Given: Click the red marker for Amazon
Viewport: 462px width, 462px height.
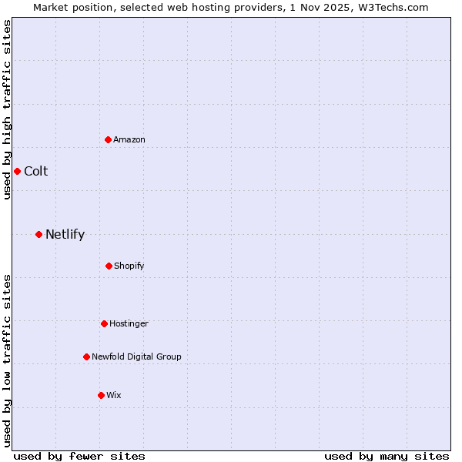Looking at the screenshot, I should tap(109, 139).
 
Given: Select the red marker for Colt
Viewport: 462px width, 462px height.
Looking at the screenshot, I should tap(17, 171).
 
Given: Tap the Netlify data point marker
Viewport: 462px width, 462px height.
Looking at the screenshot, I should tap(38, 234).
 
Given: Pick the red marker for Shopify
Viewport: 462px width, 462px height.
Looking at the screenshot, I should tap(109, 266).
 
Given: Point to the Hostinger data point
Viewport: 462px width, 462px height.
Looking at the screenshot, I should tap(104, 323).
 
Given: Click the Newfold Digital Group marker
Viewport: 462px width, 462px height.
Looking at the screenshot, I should tap(86, 357).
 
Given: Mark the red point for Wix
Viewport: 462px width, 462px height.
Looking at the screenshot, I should tap(101, 395).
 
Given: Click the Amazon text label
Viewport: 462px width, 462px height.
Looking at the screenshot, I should tap(129, 139).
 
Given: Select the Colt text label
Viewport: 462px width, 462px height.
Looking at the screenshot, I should tap(35, 171).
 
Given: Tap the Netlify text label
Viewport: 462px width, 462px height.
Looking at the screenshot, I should tap(65, 234).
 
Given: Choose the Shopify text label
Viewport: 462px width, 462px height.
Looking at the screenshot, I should tap(129, 266).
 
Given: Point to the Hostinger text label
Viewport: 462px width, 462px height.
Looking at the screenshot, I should tap(129, 323).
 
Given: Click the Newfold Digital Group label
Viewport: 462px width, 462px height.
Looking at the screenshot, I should tap(136, 357).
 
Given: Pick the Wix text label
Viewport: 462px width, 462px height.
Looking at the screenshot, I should tap(114, 395).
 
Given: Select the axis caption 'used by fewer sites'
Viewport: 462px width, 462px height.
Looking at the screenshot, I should tap(79, 456).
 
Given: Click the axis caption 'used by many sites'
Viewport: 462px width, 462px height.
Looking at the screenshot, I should tap(387, 456).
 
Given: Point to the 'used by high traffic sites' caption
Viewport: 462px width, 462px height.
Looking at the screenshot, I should tap(7, 109).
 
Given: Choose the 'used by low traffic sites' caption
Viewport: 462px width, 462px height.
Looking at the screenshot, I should tap(7, 360).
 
